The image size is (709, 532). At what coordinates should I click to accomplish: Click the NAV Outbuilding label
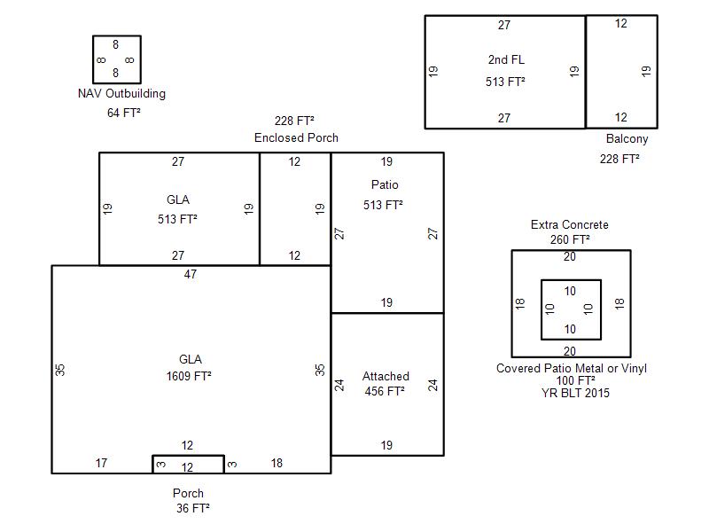pyautogui.click(x=121, y=93)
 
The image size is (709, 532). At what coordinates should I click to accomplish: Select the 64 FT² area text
pyautogui.click(x=124, y=113)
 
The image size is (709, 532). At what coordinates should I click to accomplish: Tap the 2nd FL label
pyautogui.click(x=506, y=59)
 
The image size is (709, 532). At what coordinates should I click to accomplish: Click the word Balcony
pyautogui.click(x=627, y=138)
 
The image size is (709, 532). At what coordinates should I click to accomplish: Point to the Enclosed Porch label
pyautogui.click(x=296, y=137)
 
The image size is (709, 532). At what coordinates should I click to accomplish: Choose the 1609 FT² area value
pyautogui.click(x=189, y=376)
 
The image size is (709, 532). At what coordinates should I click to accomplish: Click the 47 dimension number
pyautogui.click(x=191, y=274)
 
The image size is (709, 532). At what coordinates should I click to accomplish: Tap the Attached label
pyautogui.click(x=386, y=376)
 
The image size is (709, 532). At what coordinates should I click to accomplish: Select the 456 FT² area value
pyautogui.click(x=385, y=390)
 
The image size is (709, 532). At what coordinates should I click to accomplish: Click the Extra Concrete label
pyautogui.click(x=570, y=224)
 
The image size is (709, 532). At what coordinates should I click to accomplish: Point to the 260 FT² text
pyautogui.click(x=570, y=239)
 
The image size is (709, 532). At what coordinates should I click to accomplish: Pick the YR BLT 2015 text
pyautogui.click(x=575, y=393)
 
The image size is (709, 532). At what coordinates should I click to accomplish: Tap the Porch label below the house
pyautogui.click(x=188, y=493)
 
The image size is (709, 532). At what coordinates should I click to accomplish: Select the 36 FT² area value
pyautogui.click(x=193, y=508)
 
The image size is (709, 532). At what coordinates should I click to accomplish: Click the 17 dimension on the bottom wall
pyautogui.click(x=101, y=463)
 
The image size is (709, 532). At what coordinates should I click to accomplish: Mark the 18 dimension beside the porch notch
pyautogui.click(x=277, y=463)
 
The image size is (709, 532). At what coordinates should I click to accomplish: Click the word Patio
pyautogui.click(x=385, y=184)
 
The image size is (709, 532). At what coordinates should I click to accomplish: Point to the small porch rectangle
pyautogui.click(x=188, y=465)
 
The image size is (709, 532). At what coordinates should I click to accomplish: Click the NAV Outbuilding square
pyautogui.click(x=116, y=59)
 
